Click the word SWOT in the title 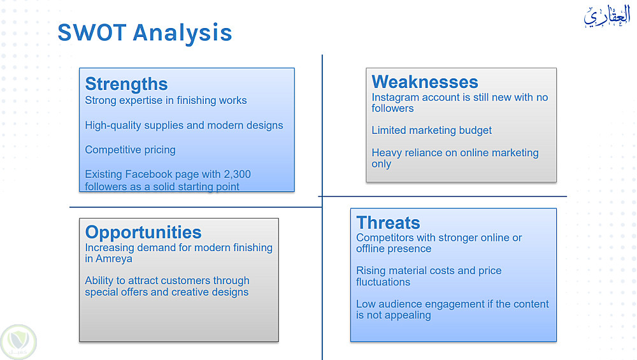92,32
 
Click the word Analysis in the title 182,33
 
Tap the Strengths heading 126,83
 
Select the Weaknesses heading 425,82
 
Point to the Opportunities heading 143,233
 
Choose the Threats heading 388,222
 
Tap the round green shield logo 18,342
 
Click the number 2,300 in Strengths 237,175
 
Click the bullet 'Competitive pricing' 130,150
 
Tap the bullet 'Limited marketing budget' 431,131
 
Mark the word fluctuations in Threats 383,282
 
